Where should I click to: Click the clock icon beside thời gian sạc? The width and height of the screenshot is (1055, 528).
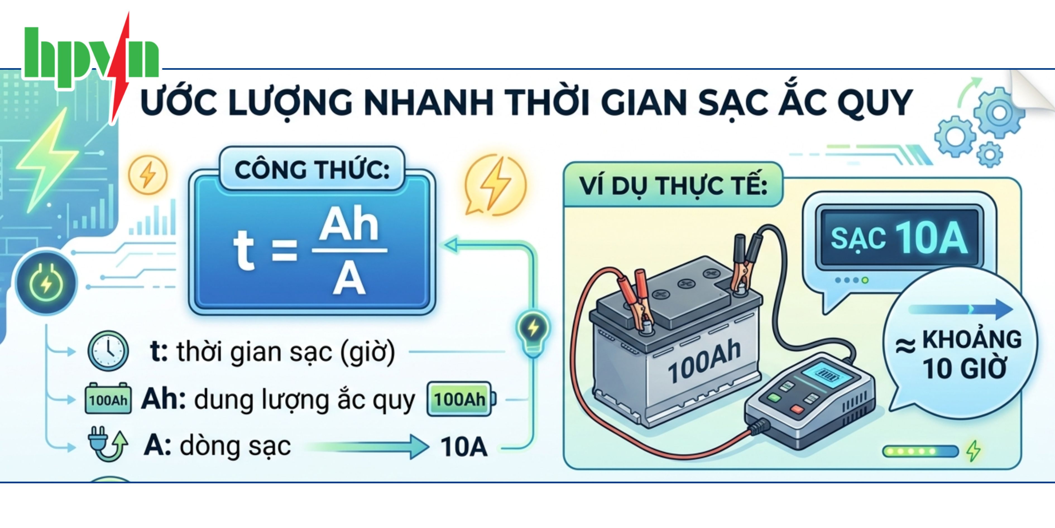point(108,351)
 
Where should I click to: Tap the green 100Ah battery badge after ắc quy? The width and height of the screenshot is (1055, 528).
point(460,399)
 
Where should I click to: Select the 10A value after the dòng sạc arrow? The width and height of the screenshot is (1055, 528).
point(464,446)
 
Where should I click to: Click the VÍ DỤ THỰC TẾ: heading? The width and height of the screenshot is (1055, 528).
point(673,186)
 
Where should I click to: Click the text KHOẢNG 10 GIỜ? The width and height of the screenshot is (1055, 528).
point(967,355)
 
